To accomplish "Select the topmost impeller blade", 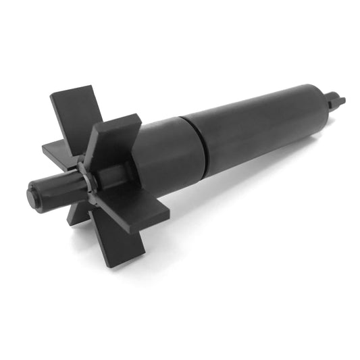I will click(x=74, y=115).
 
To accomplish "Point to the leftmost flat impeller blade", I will click(x=57, y=149).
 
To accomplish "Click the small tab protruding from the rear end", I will click(x=336, y=101).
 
